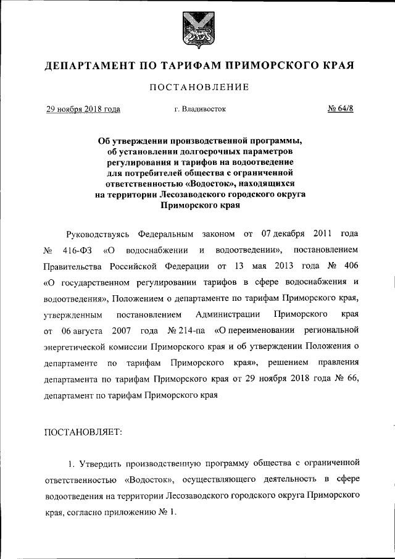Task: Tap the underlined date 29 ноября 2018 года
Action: (83, 109)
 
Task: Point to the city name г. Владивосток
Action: (200, 109)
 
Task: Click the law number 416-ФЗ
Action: (77, 251)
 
